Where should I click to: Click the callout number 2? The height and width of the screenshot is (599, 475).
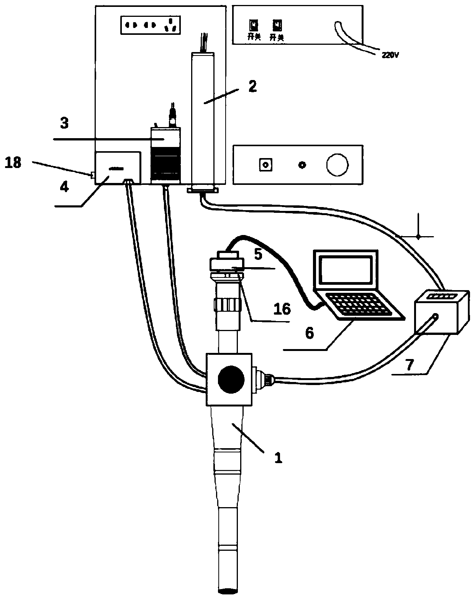coord(252,87)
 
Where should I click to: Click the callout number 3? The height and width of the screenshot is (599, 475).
coord(65,123)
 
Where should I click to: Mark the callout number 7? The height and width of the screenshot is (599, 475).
coord(409,365)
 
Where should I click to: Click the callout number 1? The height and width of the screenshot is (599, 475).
coord(278,458)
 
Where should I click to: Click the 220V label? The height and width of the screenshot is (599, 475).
coord(390,55)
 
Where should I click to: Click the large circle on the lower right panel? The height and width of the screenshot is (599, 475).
coord(337,165)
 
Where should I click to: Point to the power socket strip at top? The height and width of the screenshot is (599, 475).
coord(151,26)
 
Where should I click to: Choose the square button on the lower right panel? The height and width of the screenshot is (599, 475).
coord(265,165)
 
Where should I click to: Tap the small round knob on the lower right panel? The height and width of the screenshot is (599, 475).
coord(302,165)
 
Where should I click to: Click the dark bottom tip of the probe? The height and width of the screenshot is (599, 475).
coord(230,591)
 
